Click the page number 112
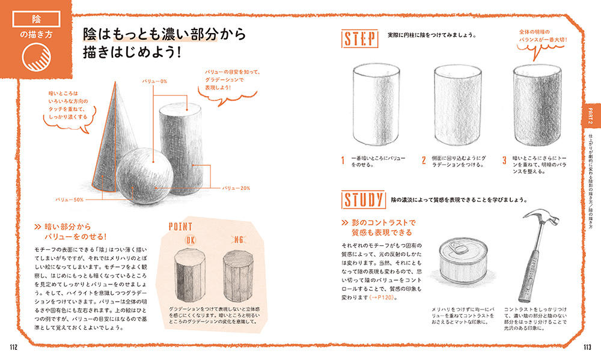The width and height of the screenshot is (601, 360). click(x=14, y=347)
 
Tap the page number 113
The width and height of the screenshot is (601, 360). click(x=587, y=347)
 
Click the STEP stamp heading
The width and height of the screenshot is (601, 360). click(x=359, y=38)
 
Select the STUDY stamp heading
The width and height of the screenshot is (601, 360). click(x=364, y=200)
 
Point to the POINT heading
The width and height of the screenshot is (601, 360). click(x=180, y=227)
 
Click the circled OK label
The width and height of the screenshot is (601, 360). click(x=191, y=240)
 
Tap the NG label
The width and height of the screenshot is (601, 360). click(x=239, y=240)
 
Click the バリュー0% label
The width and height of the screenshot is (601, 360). click(x=154, y=81)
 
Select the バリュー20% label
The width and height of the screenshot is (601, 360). click(x=236, y=188)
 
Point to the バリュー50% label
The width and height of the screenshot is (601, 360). click(x=69, y=200)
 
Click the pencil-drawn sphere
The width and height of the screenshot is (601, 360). click(x=145, y=175)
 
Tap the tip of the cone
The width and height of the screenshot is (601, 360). click(x=115, y=82)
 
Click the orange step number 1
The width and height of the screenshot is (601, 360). click(x=343, y=160)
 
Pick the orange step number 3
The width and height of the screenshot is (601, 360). click(x=504, y=160)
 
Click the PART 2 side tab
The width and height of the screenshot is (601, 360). click(x=591, y=116)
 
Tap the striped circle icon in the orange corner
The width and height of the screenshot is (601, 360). click(x=37, y=57)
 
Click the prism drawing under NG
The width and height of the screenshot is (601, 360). click(x=239, y=276)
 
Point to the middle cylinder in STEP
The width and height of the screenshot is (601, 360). click(x=457, y=105)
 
